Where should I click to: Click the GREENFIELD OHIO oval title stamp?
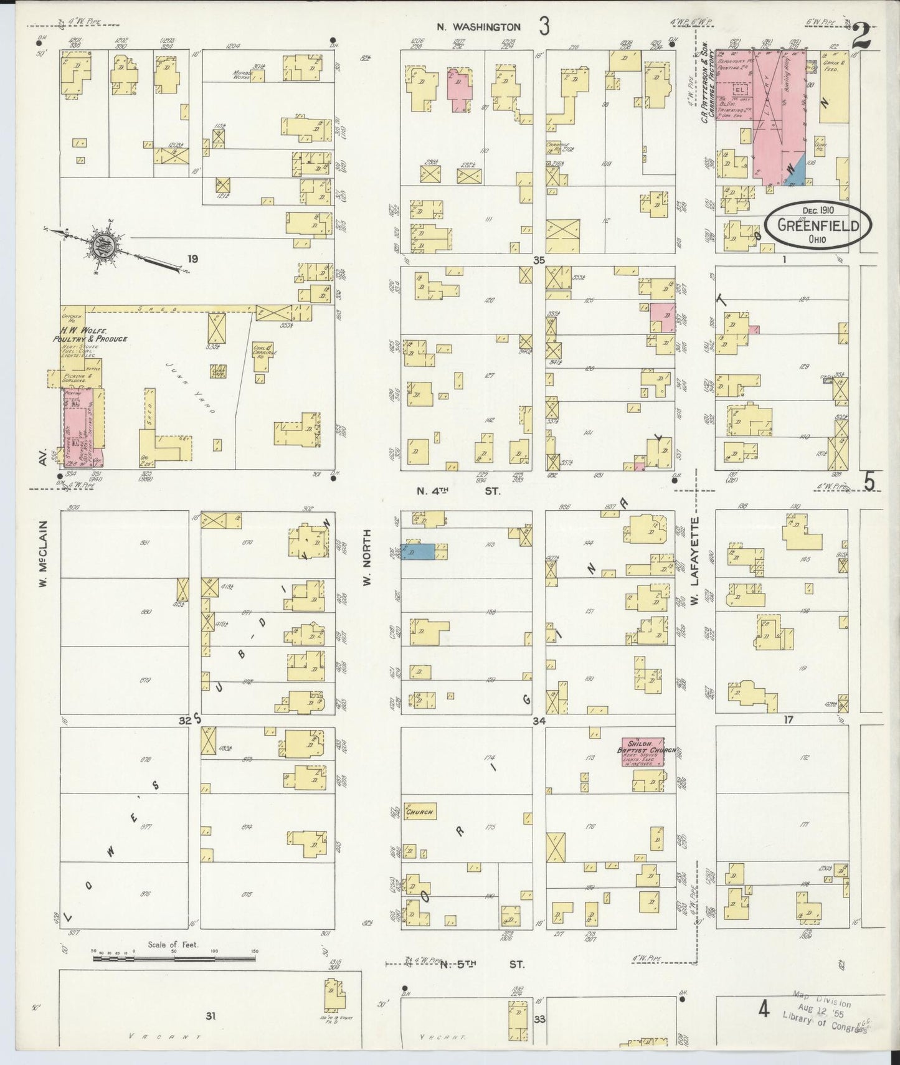[x=818, y=226]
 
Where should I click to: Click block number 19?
[x=192, y=258]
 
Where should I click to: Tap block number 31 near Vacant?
[x=211, y=1016]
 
